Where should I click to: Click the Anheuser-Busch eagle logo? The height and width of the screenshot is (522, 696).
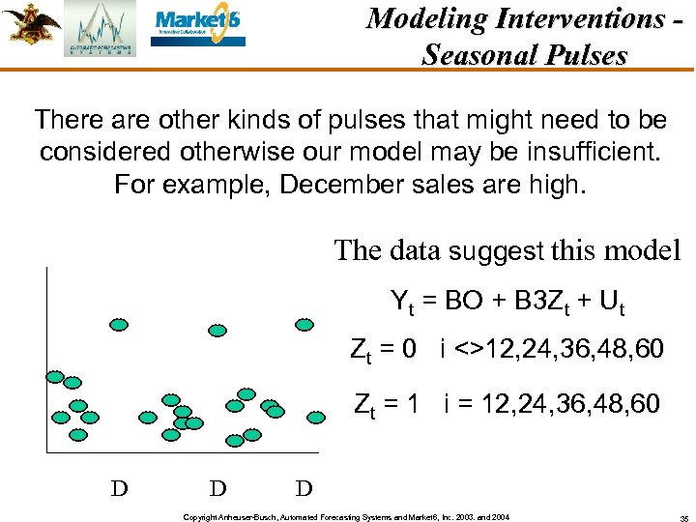point(31,24)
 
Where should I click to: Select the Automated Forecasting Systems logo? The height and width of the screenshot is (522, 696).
point(101,29)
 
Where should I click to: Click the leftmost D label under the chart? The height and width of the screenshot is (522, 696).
point(119,487)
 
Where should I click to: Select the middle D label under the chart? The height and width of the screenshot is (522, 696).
point(217,487)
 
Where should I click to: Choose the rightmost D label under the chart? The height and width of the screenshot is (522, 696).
point(304,487)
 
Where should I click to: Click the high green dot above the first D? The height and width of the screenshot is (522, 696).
point(118,325)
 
